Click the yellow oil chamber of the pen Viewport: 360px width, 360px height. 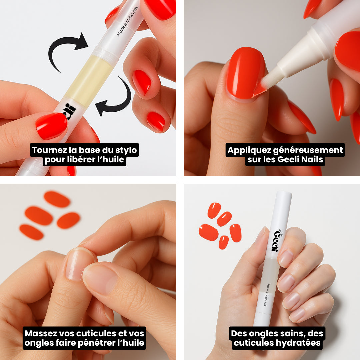[x=88, y=80]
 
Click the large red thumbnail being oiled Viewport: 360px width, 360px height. [x=246, y=73]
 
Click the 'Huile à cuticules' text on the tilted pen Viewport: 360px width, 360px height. [x=127, y=21]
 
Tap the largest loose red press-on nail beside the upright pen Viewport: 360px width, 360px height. [x=208, y=232]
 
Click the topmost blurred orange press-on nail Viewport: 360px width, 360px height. [x=57, y=199]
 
